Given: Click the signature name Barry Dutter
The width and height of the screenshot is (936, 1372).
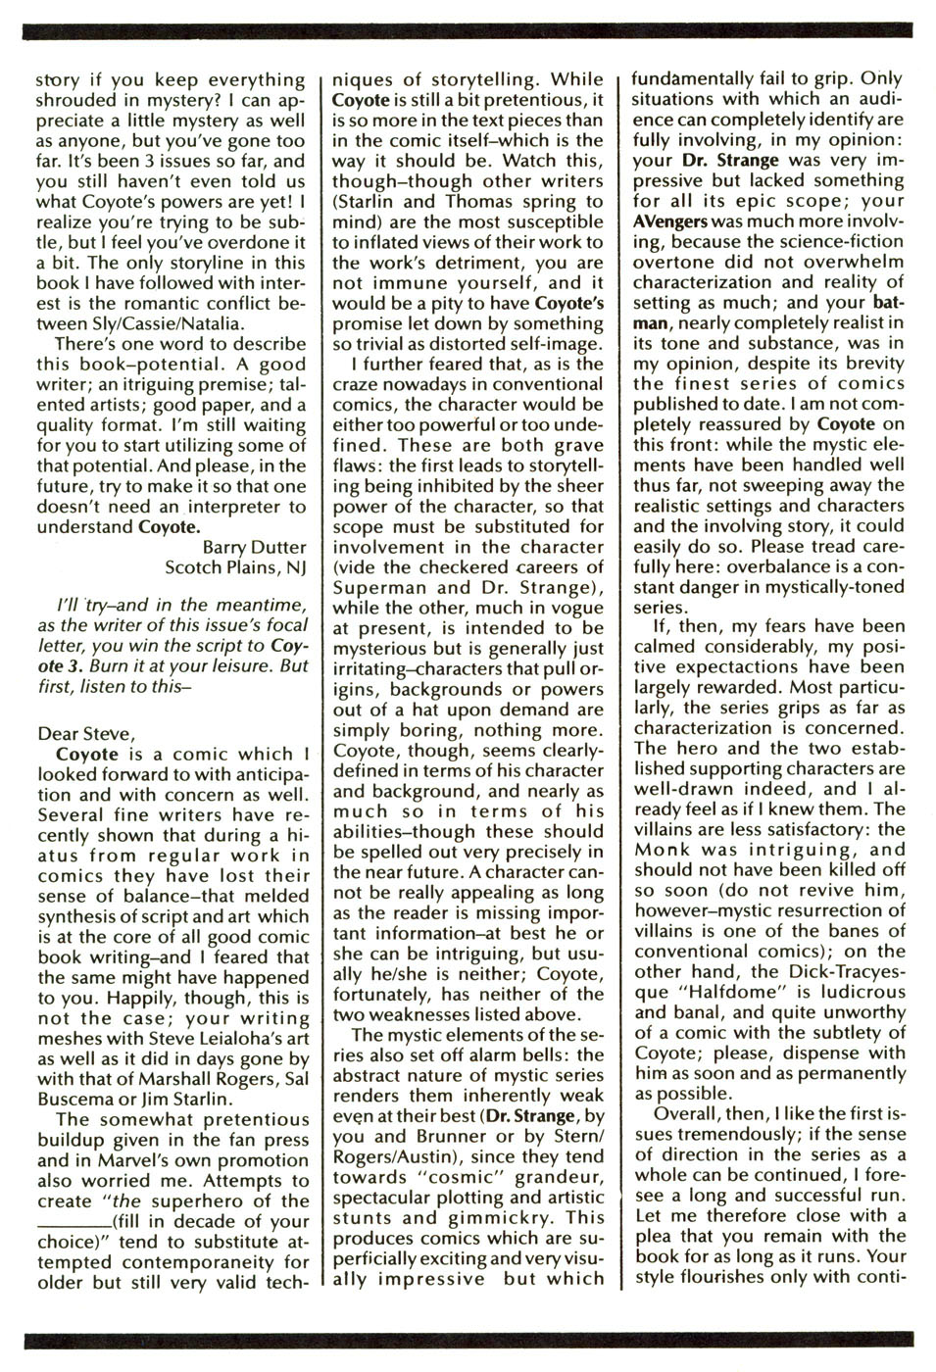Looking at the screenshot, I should click(254, 547).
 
